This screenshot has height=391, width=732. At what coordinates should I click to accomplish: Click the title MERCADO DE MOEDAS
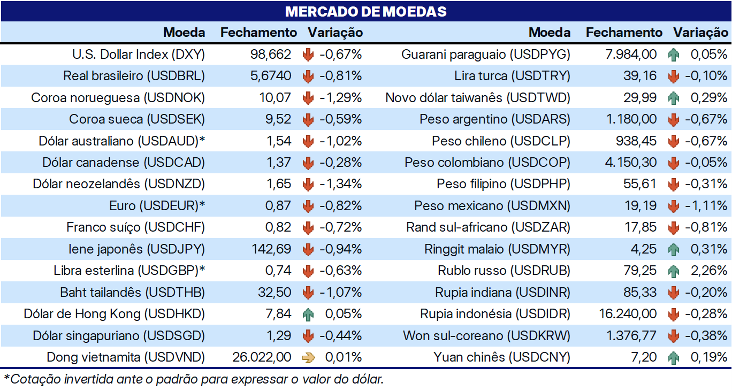click(365, 12)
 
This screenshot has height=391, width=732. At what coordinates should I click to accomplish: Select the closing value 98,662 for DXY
click(271, 55)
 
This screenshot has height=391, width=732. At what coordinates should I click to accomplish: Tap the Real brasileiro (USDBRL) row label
click(134, 76)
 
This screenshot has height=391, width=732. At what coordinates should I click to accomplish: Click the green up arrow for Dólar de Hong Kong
click(308, 314)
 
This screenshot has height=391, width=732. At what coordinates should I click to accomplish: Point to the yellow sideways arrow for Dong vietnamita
click(309, 358)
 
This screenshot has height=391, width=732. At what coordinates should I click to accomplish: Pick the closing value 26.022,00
click(262, 357)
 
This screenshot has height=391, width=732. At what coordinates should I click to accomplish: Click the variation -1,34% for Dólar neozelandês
click(341, 184)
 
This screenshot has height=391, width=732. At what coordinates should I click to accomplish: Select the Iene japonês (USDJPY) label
click(136, 249)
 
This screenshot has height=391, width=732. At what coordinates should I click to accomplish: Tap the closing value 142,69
click(271, 249)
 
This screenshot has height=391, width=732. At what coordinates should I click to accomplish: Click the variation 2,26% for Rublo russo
click(709, 271)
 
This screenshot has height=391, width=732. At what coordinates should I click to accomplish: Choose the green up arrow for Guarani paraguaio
click(673, 55)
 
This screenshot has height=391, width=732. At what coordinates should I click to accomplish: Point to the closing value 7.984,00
click(631, 55)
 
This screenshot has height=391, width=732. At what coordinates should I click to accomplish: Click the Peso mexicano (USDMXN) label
click(492, 206)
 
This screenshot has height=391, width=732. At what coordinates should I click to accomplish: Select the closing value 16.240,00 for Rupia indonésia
click(628, 314)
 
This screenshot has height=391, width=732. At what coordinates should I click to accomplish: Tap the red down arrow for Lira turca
click(673, 76)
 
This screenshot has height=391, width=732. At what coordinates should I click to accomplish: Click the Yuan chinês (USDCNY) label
click(502, 357)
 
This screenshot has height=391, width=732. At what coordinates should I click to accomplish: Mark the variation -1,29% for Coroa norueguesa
click(341, 98)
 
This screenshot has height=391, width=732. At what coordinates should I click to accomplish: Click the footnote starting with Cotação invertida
click(194, 380)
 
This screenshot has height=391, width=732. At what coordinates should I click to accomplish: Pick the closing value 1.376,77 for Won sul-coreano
click(631, 336)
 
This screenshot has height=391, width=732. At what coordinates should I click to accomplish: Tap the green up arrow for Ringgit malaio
click(673, 250)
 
